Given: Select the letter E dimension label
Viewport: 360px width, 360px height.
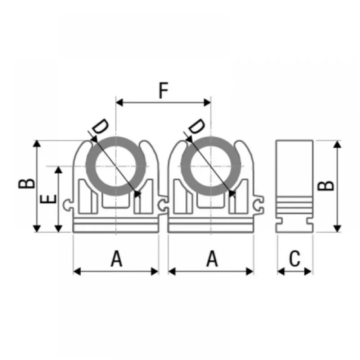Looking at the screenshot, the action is [x=48, y=199].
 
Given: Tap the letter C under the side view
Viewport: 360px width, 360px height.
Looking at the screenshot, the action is [x=294, y=258].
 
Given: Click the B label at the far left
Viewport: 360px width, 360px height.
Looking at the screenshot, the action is [x=27, y=184].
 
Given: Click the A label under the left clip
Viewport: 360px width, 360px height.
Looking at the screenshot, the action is [x=117, y=258].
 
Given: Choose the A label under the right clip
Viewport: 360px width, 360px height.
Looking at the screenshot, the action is [x=212, y=258].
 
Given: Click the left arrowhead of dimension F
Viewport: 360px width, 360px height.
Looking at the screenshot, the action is [x=120, y=103].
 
